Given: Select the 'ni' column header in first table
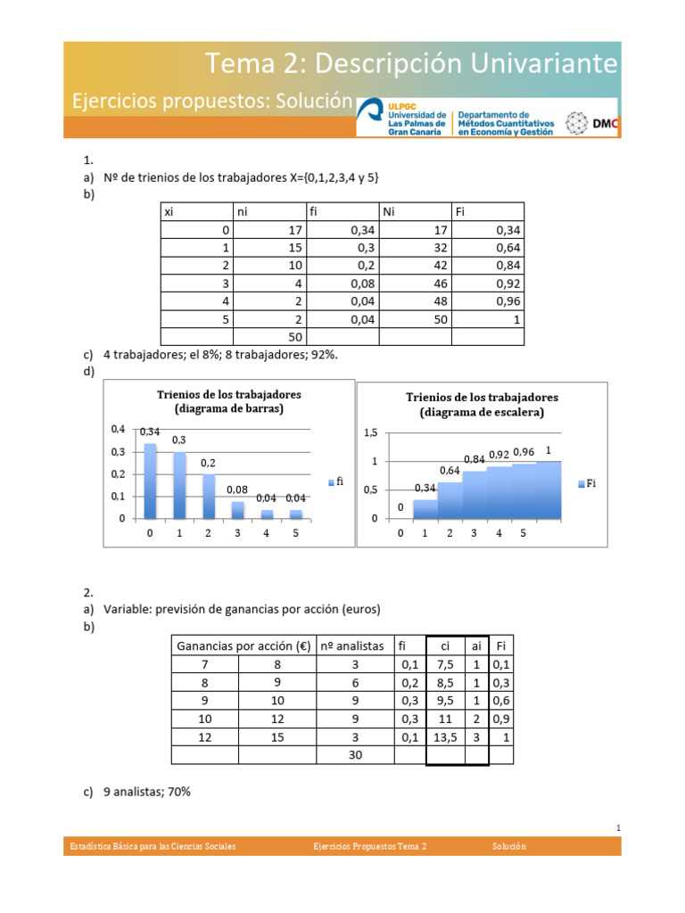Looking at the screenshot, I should point(242,211).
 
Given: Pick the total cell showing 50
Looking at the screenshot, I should point(295,336).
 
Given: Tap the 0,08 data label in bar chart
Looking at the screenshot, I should point(237,489).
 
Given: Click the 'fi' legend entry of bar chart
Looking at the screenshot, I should point(334,481).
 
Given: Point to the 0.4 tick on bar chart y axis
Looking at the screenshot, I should point(119,429).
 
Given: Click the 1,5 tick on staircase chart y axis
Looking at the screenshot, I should point(370,432).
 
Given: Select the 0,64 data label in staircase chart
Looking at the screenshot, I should point(450,470).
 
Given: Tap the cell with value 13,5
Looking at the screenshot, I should point(445,736).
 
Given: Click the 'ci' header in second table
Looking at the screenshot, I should point(445,645).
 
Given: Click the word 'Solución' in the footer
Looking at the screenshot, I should point(509,846).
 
